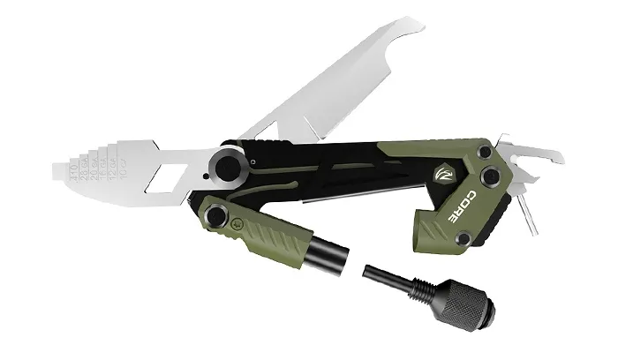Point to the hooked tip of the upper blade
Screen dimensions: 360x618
point(414,25)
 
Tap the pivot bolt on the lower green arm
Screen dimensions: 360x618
point(215,215)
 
